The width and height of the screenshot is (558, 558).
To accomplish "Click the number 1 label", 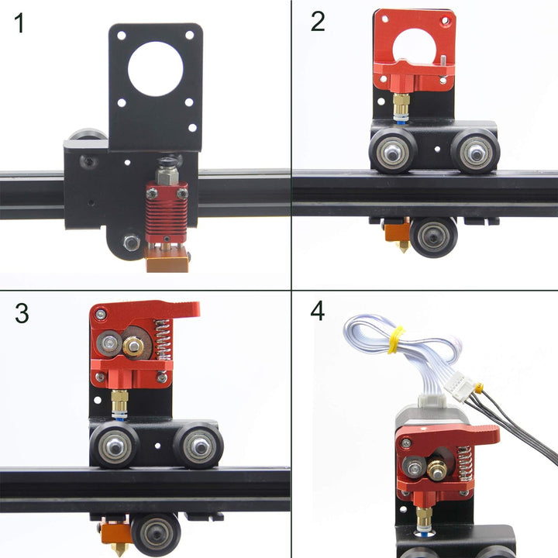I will pyautogui.click(x=19, y=23).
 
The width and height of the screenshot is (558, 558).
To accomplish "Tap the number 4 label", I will pyautogui.click(x=318, y=312).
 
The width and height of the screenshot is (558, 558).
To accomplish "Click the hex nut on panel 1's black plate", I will pyautogui.click(x=132, y=243).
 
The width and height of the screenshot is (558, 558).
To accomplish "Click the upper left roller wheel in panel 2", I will pyautogui.click(x=393, y=151).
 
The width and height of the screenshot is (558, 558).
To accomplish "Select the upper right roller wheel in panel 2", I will pyautogui.click(x=475, y=151).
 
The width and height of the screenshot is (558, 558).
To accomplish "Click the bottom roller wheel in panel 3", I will pyautogui.click(x=156, y=534).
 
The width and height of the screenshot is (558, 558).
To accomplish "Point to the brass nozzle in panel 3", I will pyautogui.click(x=117, y=548).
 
